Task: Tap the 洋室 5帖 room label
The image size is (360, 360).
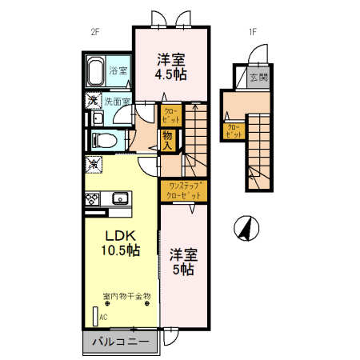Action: [x=183, y=262]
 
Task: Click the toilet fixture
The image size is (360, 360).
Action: [x=105, y=139]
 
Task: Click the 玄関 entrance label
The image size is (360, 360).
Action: [x=258, y=78]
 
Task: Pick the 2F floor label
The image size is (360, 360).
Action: [x=94, y=33]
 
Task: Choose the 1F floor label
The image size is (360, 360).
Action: [x=252, y=33]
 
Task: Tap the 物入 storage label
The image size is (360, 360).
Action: [x=169, y=141]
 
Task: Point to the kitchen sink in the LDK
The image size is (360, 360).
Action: [x=122, y=198]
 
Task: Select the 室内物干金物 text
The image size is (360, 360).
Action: [x=126, y=297]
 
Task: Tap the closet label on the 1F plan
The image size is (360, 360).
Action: [x=233, y=130]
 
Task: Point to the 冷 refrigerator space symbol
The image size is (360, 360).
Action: [x=94, y=165]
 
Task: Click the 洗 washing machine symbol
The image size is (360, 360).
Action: [x=94, y=102]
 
